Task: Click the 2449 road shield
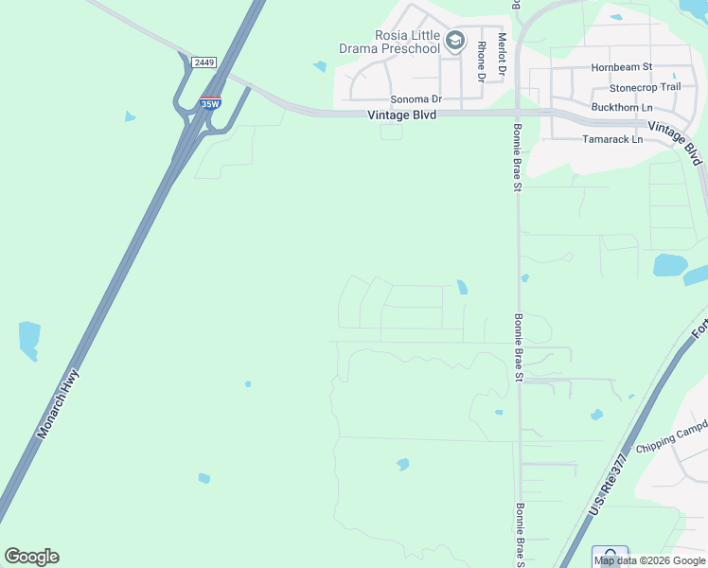tap(204, 62)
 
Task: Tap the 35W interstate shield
tap(210, 100)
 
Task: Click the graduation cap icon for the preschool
tap(456, 41)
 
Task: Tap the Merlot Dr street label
tap(503, 54)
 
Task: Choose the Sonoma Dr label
tap(416, 98)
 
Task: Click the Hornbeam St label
tap(622, 67)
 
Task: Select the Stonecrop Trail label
tap(645, 87)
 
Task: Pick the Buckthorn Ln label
tap(622, 107)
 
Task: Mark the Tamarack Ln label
tap(611, 139)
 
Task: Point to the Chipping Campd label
tap(671, 441)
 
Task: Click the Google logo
tap(31, 557)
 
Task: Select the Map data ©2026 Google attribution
tap(649, 560)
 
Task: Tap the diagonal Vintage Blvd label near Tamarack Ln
tap(679, 138)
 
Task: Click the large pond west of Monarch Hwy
tap(29, 339)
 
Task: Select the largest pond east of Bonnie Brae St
tap(671, 264)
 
